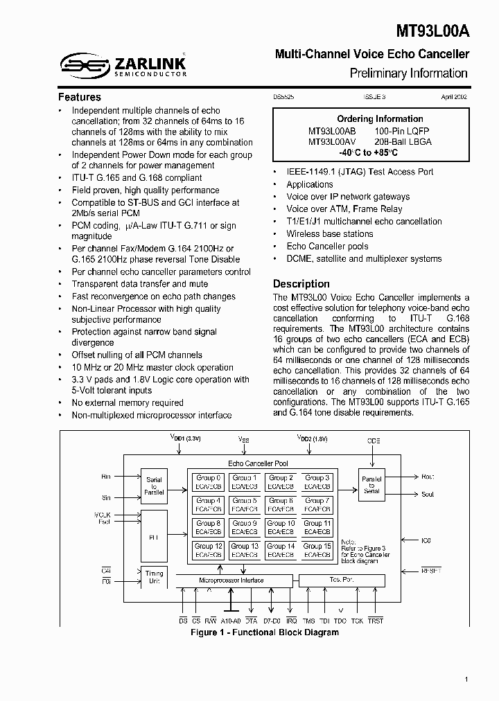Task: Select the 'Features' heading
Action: pyautogui.click(x=79, y=97)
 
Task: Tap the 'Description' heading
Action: pyautogui.click(x=301, y=283)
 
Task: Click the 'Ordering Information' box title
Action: pyautogui.click(x=380, y=118)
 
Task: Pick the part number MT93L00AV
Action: pyautogui.click(x=332, y=141)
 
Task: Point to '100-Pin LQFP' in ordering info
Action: pyautogui.click(x=403, y=130)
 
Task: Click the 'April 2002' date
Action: pyautogui.click(x=454, y=98)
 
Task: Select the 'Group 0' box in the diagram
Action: pyautogui.click(x=208, y=481)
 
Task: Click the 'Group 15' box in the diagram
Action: pyautogui.click(x=317, y=550)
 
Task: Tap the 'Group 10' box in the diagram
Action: pyautogui.click(x=281, y=527)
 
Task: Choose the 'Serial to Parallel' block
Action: pyautogui.click(x=154, y=485)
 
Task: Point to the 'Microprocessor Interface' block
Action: pyautogui.click(x=231, y=580)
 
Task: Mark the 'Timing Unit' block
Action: pyautogui.click(x=154, y=577)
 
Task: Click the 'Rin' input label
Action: pyautogui.click(x=106, y=477)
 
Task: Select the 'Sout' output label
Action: pyautogui.click(x=428, y=494)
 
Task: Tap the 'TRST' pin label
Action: pyautogui.click(x=376, y=621)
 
